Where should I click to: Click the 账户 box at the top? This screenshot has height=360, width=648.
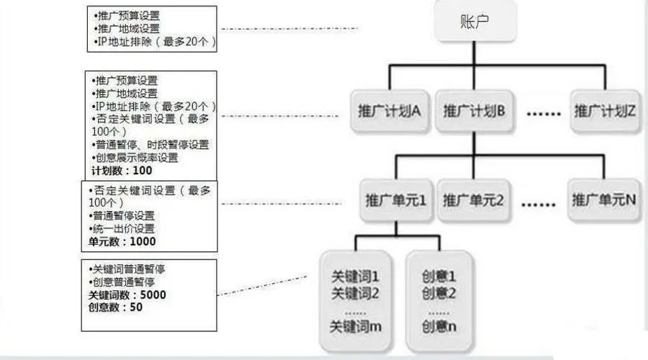click(x=474, y=21)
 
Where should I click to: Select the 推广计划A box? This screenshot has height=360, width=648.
click(x=389, y=111)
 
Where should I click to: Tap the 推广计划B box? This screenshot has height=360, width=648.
click(x=474, y=111)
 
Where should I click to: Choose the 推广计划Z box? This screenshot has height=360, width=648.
click(x=605, y=111)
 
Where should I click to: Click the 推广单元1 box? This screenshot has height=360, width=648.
click(x=396, y=200)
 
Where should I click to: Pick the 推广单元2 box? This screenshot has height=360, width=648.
click(x=473, y=200)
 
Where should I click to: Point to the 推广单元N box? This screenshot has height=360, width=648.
click(x=604, y=200)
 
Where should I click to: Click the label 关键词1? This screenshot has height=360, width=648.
click(x=355, y=276)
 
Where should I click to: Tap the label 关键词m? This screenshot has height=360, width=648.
click(x=356, y=327)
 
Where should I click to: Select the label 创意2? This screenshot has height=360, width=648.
click(x=438, y=294)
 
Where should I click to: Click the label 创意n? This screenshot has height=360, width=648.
click(x=439, y=327)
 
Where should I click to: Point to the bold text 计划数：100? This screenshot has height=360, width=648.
click(x=122, y=171)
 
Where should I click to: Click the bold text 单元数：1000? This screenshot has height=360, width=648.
click(x=122, y=241)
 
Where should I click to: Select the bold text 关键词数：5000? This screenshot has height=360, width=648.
click(x=127, y=294)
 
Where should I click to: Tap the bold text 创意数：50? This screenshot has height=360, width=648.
click(x=115, y=307)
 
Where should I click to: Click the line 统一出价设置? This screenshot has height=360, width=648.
click(x=122, y=228)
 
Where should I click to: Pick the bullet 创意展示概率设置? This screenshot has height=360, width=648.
click(x=135, y=158)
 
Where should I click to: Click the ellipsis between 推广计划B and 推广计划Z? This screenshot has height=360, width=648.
click(x=544, y=113)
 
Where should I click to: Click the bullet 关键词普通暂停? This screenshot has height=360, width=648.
click(x=127, y=269)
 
